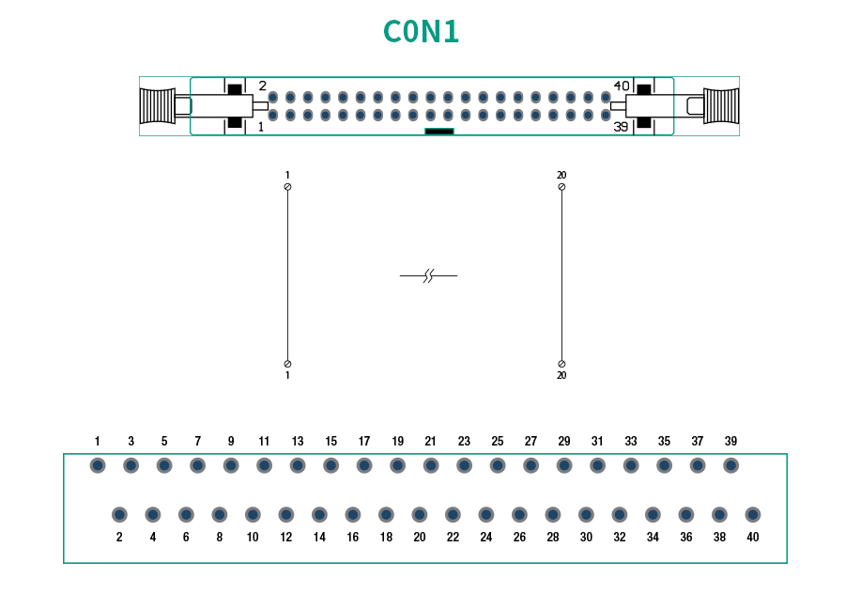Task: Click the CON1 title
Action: pyautogui.click(x=422, y=32)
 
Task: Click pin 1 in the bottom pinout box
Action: pyautogui.click(x=98, y=465)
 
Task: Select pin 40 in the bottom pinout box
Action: pyautogui.click(x=753, y=515)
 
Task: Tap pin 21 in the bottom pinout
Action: pyautogui.click(x=431, y=465)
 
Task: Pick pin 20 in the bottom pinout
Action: pyautogui.click(x=420, y=515)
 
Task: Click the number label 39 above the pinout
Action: pyautogui.click(x=730, y=441)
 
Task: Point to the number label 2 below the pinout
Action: pyautogui.click(x=119, y=538)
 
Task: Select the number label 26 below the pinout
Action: pyautogui.click(x=519, y=538)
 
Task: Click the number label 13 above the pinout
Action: pyautogui.click(x=298, y=441)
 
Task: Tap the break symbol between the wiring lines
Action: pyautogui.click(x=428, y=275)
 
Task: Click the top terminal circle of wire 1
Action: pyautogui.click(x=287, y=187)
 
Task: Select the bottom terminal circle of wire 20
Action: pyautogui.click(x=561, y=364)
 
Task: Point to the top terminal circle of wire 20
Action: pyautogui.click(x=561, y=187)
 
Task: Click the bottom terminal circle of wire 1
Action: pyautogui.click(x=287, y=364)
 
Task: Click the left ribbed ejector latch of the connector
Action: pyautogui.click(x=157, y=106)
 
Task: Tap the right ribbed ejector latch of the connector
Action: pyautogui.click(x=721, y=106)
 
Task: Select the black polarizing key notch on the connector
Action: pyautogui.click(x=439, y=132)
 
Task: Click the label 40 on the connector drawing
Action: pyautogui.click(x=622, y=86)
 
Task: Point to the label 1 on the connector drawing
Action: pyautogui.click(x=260, y=126)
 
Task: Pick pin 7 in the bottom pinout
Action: pyautogui.click(x=197, y=465)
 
